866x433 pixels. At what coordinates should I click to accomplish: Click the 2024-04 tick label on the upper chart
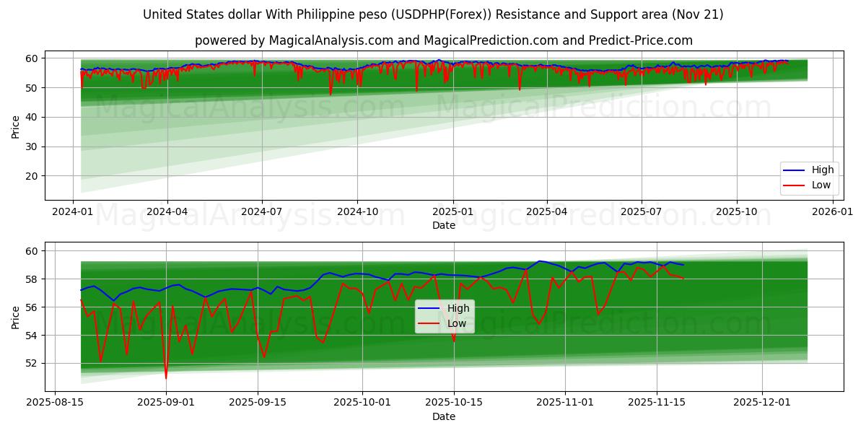point(167,211)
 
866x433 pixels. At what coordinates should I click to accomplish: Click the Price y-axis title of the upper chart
point(16,127)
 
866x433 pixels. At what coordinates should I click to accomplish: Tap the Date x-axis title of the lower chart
point(444,416)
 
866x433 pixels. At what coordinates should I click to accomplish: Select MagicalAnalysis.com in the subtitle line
point(325,40)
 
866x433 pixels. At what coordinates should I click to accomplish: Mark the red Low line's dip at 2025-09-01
point(166,377)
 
